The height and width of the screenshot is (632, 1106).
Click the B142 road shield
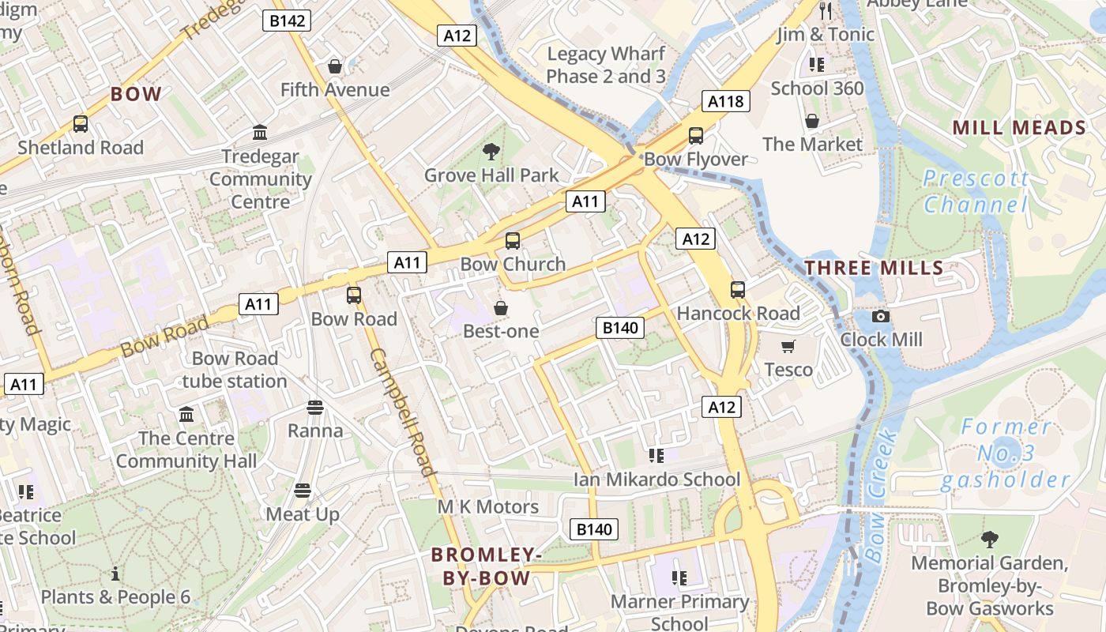pos(287,21)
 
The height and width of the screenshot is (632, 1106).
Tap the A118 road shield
pos(725,101)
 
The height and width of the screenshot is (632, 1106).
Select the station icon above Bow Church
pos(513,241)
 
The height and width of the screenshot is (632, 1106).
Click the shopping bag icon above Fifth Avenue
pos(335,66)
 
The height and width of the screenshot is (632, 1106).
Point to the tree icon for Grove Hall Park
pos(491,151)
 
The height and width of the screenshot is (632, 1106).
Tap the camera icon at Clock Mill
pos(880,317)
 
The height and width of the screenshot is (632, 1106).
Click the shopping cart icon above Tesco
pos(788,346)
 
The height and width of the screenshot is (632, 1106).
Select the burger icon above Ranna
pos(315,408)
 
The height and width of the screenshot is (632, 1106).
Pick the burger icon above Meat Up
pos(302,491)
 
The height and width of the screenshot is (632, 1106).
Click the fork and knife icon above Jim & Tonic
pos(826,10)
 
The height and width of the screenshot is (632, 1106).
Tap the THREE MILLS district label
pos(874,268)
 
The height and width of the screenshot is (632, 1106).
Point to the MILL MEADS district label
pos(1019,128)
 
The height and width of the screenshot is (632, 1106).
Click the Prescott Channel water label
pos(976,192)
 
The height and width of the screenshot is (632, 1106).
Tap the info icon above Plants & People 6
pos(115,573)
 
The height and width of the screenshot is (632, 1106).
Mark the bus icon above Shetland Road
pos(81,124)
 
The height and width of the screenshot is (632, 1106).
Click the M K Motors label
pos(488,506)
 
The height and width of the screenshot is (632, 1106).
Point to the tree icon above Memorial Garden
pos(988,540)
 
